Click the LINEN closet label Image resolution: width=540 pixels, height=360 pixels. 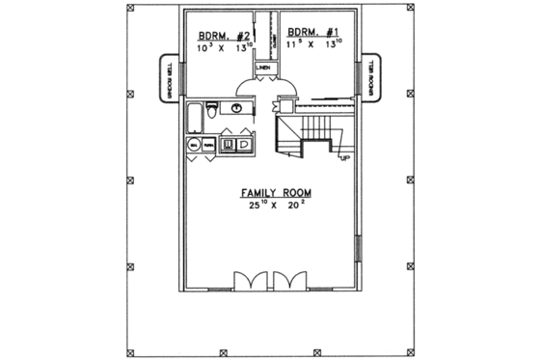(262, 68)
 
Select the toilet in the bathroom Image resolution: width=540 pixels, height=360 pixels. (214, 111)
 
